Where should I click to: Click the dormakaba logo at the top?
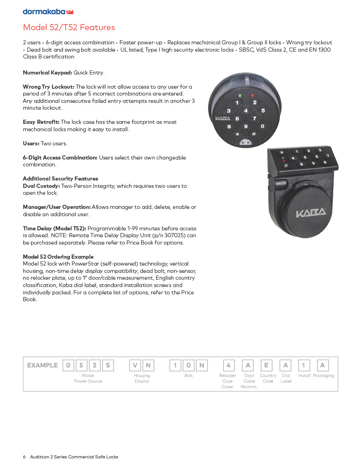(x=48, y=11)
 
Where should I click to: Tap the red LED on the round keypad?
(x=251, y=96)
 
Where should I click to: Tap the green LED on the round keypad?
(x=240, y=96)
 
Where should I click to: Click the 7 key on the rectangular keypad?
(x=327, y=156)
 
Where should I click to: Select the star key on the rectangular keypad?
(x=282, y=152)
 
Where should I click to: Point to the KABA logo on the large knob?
(x=311, y=213)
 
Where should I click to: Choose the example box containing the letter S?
(x=108, y=365)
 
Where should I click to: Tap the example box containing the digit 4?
(x=229, y=365)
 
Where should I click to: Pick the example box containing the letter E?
(x=267, y=365)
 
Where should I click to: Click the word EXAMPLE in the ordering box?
(x=42, y=365)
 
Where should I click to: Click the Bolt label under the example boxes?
(x=188, y=376)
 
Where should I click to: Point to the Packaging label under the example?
(x=323, y=376)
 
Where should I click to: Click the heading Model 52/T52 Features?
(x=69, y=27)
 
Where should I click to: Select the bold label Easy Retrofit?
(x=41, y=122)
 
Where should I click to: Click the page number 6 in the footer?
(x=25, y=457)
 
